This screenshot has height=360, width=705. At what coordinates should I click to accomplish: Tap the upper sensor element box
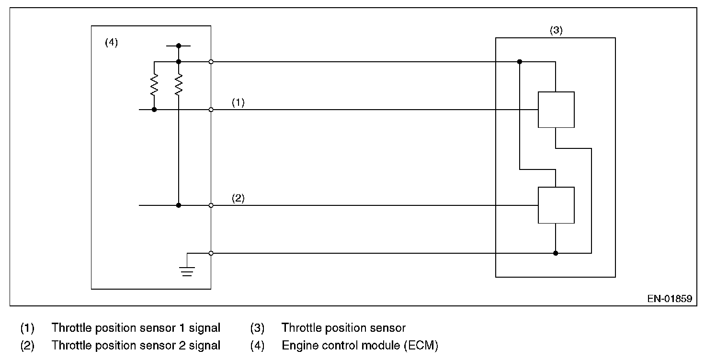(556, 109)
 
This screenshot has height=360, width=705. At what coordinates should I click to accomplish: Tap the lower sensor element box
(556, 205)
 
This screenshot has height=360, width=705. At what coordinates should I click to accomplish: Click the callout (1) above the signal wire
(238, 102)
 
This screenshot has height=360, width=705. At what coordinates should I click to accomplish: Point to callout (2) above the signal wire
(238, 198)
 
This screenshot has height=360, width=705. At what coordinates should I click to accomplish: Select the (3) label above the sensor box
(556, 30)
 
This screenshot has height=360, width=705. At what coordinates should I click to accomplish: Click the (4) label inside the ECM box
(111, 42)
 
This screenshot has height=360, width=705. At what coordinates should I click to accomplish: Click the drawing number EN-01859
(670, 299)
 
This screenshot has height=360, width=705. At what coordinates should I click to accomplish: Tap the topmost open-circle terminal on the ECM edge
(211, 62)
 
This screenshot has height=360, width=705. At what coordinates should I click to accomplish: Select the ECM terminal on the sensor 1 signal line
(211, 110)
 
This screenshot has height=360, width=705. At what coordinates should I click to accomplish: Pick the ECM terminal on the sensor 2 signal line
(211, 205)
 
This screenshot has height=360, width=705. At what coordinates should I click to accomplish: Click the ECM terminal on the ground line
(211, 253)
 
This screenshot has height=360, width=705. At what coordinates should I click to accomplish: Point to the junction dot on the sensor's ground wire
(556, 253)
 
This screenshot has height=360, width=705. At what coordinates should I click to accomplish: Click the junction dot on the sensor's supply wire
(520, 62)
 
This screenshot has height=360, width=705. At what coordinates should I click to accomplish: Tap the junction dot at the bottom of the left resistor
(154, 110)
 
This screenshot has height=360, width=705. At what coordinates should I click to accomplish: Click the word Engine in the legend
(297, 345)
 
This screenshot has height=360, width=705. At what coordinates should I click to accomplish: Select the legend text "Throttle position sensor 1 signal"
(136, 328)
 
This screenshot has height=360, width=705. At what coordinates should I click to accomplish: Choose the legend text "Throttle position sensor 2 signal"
(136, 345)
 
